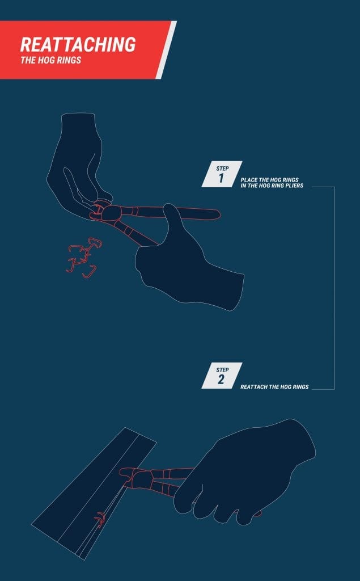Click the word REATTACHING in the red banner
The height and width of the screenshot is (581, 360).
(78, 44)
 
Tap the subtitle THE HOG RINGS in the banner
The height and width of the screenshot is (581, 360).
(50, 60)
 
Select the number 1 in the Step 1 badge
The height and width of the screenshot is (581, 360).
(221, 178)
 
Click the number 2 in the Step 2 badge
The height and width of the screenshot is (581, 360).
(221, 380)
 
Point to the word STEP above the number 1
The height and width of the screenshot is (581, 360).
(222, 168)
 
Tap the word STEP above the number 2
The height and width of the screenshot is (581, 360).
(222, 369)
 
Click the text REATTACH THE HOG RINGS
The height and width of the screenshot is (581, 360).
(274, 387)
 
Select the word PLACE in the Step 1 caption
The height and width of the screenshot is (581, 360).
(249, 179)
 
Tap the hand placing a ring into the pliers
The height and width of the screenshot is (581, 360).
(77, 165)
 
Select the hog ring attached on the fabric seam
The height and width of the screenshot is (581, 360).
(100, 519)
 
